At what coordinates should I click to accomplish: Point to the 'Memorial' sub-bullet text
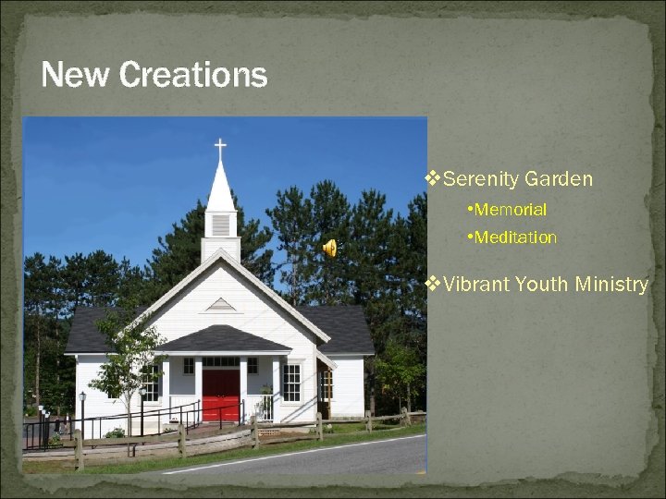coord(510,210)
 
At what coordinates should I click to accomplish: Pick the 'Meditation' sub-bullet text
coord(515,237)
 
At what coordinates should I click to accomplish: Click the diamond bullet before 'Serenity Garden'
coord(430,178)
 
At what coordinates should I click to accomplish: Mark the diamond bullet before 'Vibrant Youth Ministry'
coord(430,284)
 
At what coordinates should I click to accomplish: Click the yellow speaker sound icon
coord(329,247)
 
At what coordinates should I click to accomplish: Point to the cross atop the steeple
coord(220,148)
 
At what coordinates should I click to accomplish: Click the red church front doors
coord(221,394)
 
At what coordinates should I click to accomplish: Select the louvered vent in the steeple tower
coord(220,225)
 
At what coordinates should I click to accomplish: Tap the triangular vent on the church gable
coord(220,304)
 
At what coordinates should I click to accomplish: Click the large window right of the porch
coord(291,382)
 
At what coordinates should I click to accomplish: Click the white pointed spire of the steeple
coord(220,185)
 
